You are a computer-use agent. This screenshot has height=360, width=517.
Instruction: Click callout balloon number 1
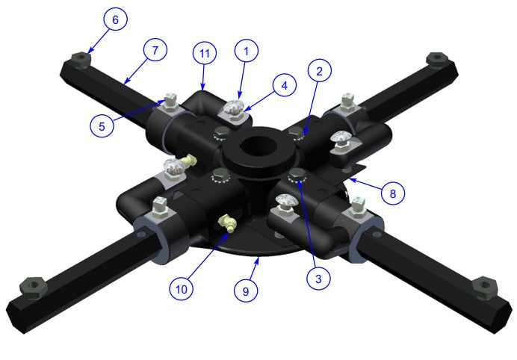coord(247,51)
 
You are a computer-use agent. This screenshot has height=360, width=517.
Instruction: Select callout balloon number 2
coord(319,72)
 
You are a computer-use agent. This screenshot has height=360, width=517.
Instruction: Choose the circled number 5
coord(102,125)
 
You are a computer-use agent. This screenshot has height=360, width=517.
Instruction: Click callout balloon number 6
coord(115,20)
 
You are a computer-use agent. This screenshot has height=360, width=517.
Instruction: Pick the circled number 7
coord(155,51)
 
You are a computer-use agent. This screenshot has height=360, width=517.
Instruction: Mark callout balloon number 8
coord(393,193)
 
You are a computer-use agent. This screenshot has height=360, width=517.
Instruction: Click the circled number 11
coord(204,53)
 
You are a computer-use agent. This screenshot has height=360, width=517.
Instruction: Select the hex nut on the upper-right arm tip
coord(433,58)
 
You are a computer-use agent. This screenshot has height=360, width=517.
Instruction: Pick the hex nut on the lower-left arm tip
coord(31,285)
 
